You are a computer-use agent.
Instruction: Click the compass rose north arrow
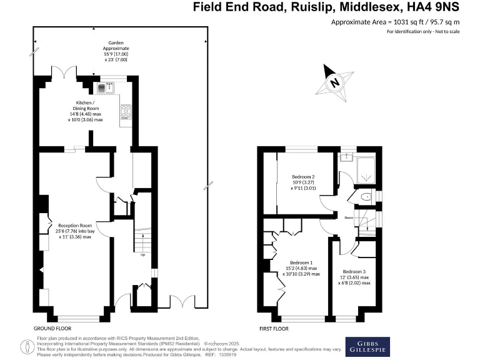[335, 82]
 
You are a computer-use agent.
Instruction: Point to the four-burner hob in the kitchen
[124, 111]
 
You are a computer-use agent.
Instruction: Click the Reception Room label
[75, 231]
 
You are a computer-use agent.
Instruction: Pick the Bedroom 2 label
[304, 182]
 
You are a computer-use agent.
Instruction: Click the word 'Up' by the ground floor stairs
[143, 254]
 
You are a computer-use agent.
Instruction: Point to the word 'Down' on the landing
[349, 217]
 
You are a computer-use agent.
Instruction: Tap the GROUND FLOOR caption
[52, 328]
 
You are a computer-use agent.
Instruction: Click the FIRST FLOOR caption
[274, 328]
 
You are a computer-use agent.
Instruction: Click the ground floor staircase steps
[143, 239]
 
